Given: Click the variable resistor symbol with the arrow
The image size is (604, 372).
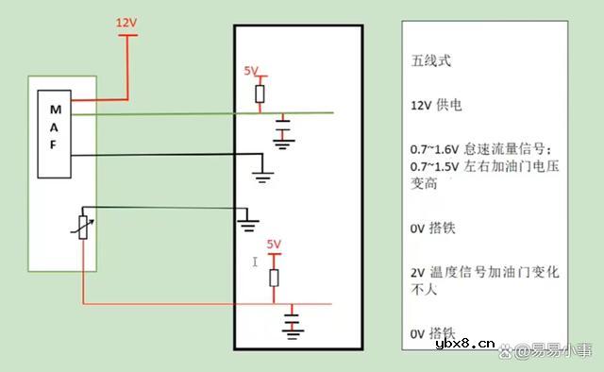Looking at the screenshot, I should tap(83, 226).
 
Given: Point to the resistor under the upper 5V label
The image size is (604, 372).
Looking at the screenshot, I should tap(260, 93).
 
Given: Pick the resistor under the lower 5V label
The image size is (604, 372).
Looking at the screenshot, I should tap(275, 277).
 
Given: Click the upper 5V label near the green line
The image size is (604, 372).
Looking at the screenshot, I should tap(251, 71).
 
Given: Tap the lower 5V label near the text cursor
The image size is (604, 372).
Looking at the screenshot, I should tap(274, 244).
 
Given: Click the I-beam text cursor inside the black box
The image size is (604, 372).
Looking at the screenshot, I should tap(255, 261).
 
